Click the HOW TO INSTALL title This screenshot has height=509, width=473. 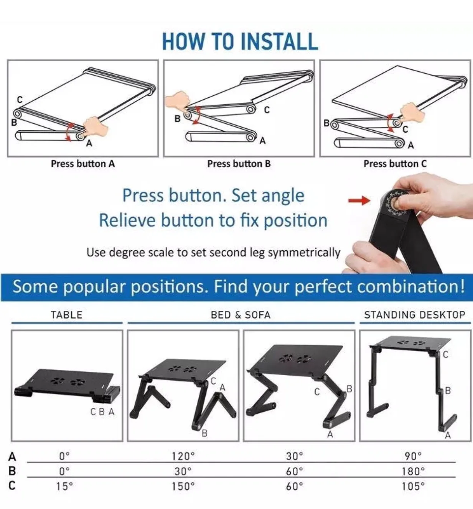click(x=240, y=41)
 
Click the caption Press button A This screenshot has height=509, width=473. click(x=82, y=164)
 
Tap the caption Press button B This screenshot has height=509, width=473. click(x=239, y=164)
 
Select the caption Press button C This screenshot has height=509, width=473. click(x=395, y=164)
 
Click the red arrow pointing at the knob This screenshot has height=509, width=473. click(x=359, y=200)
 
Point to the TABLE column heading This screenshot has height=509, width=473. click(x=67, y=315)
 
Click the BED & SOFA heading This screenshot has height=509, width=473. click(x=241, y=315)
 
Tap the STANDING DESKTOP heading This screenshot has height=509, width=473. click(x=415, y=315)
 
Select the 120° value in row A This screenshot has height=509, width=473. click(x=183, y=456)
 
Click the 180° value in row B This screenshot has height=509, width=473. click(x=413, y=471)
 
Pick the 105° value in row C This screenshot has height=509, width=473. click(x=413, y=486)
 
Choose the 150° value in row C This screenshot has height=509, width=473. click(x=183, y=486)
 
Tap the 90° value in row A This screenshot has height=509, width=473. click(x=413, y=456)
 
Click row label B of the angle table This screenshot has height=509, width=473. click(x=12, y=471)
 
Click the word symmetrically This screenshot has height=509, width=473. click(x=304, y=253)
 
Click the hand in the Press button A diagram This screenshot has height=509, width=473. click(x=96, y=126)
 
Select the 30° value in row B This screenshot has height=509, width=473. click(x=183, y=471)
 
